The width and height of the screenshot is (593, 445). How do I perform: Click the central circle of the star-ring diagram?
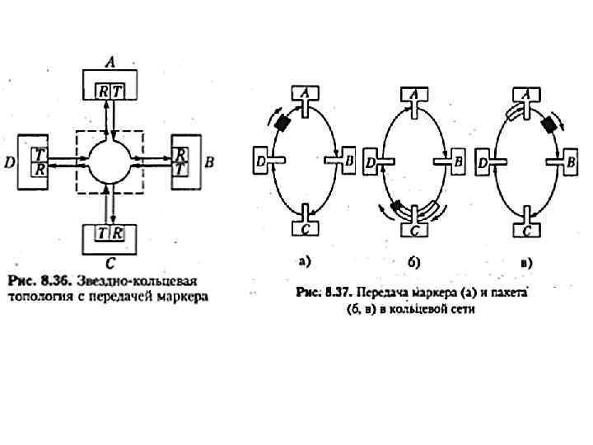point(110,161)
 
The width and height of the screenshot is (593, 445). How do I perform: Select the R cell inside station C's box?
point(119,233)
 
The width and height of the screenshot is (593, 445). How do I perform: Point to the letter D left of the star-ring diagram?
point(9,162)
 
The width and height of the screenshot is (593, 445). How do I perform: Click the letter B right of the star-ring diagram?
point(209,162)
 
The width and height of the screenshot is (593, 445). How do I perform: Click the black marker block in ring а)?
point(283,123)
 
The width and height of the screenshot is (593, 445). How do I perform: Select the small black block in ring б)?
point(397,205)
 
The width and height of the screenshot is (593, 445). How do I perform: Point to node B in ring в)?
point(567,162)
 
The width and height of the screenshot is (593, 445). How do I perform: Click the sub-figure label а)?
point(305,262)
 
